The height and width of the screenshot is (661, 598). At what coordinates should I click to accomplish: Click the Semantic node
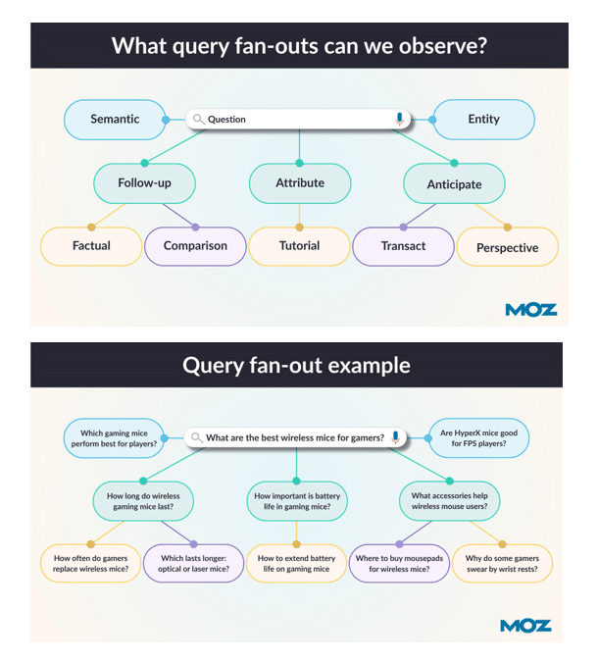115,120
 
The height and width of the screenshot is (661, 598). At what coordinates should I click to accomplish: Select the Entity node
483,120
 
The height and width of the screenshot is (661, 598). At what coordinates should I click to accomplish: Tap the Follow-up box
144,183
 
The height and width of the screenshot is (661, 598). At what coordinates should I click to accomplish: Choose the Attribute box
300,183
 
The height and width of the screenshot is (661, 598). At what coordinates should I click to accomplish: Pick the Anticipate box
454,184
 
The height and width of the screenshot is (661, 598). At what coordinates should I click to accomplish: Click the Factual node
91,246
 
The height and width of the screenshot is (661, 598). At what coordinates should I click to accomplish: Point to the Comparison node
195,246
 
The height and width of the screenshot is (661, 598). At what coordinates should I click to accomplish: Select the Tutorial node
299,246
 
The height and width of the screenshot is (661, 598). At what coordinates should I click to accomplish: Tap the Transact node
404,246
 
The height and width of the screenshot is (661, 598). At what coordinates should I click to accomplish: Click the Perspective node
507,248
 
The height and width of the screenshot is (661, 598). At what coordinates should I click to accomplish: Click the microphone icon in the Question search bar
399,120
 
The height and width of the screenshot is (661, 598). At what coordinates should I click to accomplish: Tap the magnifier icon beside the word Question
198,120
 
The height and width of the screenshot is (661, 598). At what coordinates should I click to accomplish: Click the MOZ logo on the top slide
531,310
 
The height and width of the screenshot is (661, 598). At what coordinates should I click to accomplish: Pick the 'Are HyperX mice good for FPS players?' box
480,437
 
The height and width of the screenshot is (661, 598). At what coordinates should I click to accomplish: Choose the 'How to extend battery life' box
295,563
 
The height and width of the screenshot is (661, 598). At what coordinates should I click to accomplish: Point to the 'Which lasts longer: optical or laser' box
194,563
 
